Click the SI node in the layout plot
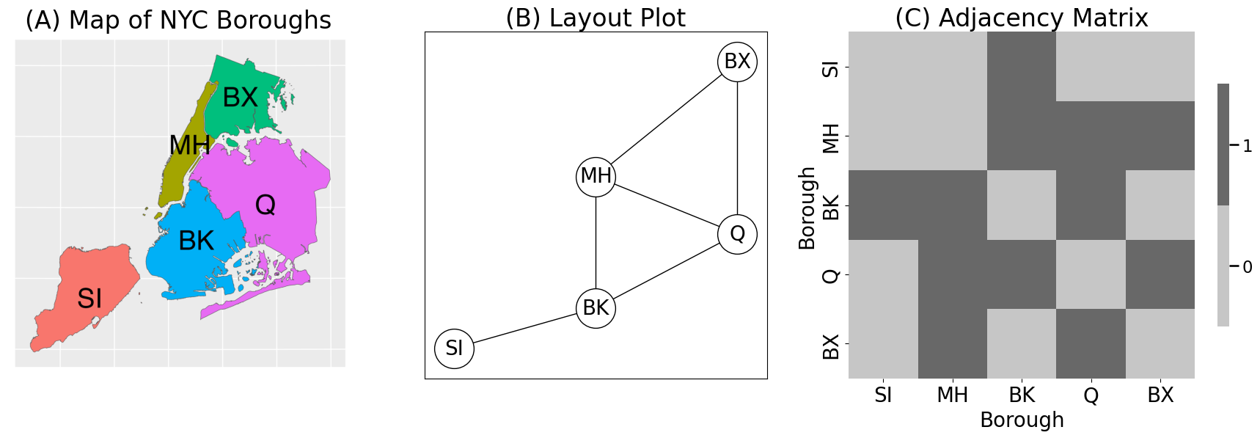click(454, 348)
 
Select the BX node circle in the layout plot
click(737, 62)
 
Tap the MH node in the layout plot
click(596, 176)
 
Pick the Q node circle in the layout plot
click(737, 234)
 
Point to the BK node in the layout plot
click(596, 308)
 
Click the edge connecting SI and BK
click(525, 328)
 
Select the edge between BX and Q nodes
click(737, 147)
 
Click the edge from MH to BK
click(596, 242)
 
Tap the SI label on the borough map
click(89, 299)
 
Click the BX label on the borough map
click(240, 98)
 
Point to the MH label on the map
click(189, 145)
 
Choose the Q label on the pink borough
click(265, 205)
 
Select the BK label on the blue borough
click(196, 241)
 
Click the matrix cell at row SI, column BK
click(1022, 67)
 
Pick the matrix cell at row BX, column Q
click(1091, 343)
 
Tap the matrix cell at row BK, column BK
click(1022, 205)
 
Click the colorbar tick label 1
click(1247, 146)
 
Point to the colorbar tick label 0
click(1247, 267)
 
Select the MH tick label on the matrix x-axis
click(952, 395)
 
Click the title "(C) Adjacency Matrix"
click(1021, 18)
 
